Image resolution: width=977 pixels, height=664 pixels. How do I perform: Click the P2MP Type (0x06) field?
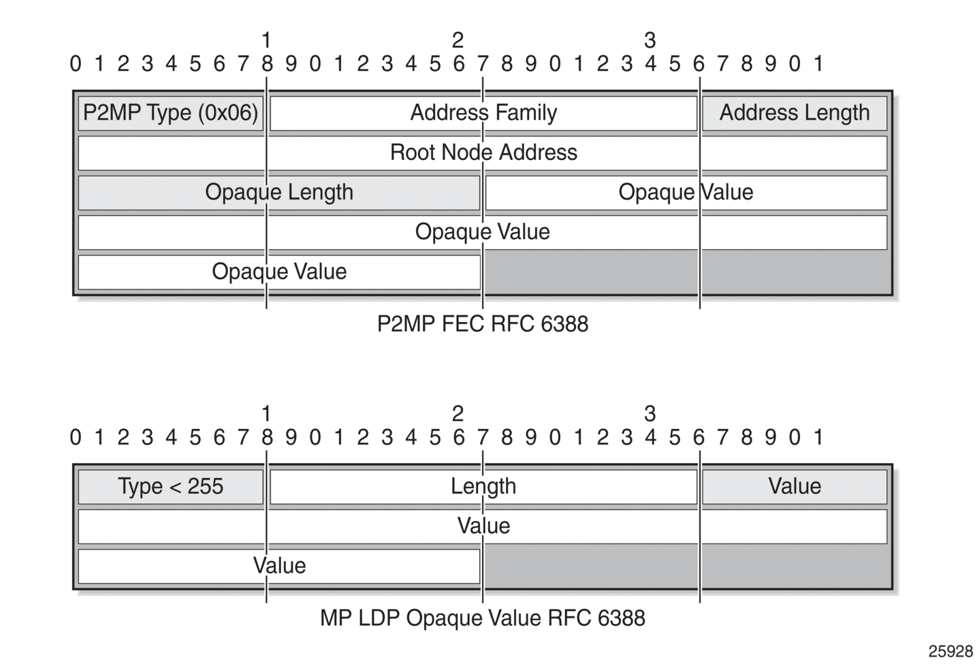pos(170,113)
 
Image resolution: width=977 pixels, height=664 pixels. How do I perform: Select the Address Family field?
pos(483,113)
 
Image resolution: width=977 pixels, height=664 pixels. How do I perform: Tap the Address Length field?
pos(795,113)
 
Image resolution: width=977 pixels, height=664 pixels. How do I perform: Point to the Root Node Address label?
pos(483,153)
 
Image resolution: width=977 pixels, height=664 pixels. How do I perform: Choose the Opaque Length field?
pos(279,193)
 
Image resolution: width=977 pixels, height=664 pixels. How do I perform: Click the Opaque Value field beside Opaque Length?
pos(686,193)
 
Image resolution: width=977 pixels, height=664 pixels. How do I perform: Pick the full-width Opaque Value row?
pos(483,232)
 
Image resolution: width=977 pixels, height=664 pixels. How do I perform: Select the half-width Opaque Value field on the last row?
pos(279,272)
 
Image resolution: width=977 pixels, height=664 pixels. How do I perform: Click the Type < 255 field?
pos(170,486)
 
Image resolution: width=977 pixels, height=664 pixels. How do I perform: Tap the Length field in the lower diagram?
pos(483,486)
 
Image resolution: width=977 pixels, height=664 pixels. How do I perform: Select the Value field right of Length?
pos(795,486)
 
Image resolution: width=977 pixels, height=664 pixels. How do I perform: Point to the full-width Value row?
pos(483,526)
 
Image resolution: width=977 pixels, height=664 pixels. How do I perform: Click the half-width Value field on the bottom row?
pos(279,566)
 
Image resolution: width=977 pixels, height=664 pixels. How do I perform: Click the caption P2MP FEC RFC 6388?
pos(483,324)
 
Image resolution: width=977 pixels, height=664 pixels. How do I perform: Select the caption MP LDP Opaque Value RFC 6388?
pos(483,618)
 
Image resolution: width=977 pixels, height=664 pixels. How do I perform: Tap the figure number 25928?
pos(950,651)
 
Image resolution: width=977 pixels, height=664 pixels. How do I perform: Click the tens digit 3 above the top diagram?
pos(650,41)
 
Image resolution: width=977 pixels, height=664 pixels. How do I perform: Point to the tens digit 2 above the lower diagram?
pos(458,413)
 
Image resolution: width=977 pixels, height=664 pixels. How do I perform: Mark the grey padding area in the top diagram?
pos(686,272)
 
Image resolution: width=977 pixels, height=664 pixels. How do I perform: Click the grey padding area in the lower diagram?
pos(686,566)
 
